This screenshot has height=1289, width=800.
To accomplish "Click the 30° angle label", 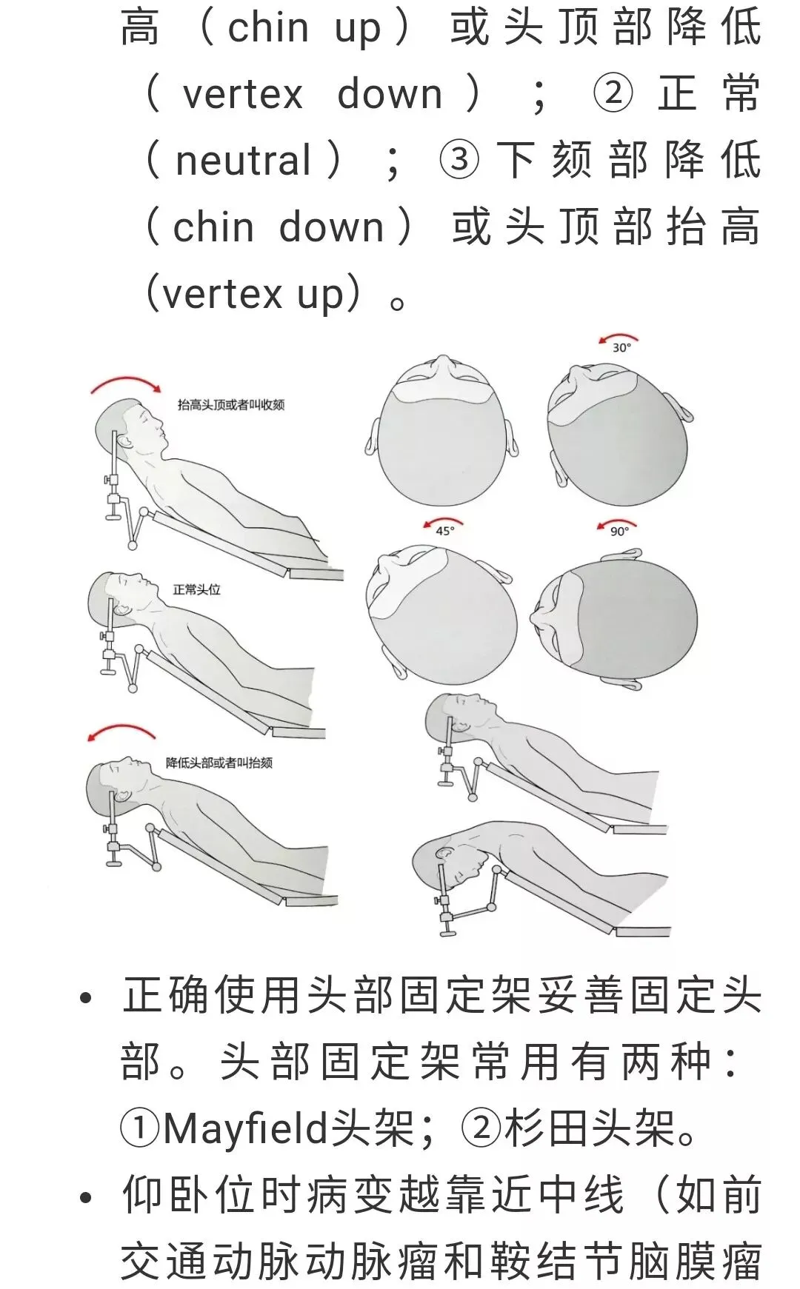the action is [x=621, y=347].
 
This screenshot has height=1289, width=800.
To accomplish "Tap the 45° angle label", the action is [x=444, y=530].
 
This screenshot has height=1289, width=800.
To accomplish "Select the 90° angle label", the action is [x=619, y=531].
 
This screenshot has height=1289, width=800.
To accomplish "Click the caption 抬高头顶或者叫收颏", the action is [x=231, y=404].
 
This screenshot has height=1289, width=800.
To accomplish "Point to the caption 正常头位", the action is [x=197, y=589].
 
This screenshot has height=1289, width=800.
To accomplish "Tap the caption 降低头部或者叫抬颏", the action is [x=219, y=762].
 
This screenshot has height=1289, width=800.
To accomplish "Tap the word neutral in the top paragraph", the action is [x=243, y=161].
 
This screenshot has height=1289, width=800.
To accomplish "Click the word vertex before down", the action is [x=243, y=95].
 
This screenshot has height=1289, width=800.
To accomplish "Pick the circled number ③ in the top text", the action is [x=459, y=160].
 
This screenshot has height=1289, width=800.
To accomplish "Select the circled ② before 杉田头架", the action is [x=481, y=1129].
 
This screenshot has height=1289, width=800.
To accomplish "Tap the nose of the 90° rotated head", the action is [x=538, y=616].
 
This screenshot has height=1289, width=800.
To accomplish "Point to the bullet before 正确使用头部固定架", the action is [x=86, y=997].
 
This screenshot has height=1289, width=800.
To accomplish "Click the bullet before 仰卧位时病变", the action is [x=86, y=1197].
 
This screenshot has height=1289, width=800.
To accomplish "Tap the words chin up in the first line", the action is [x=304, y=28].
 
